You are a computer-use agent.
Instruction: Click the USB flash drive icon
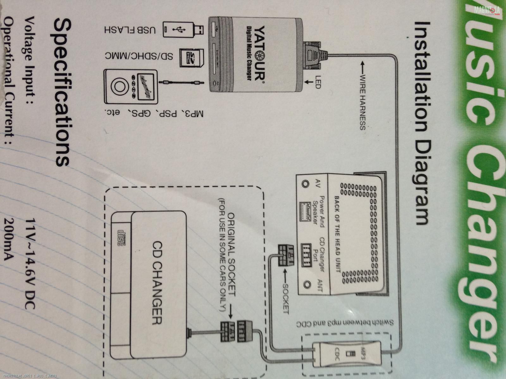pos(183,30)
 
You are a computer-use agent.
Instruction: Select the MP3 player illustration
pos(130,87)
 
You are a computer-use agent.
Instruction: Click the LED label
pos(318,81)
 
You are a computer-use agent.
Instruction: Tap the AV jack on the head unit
pos(305,183)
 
